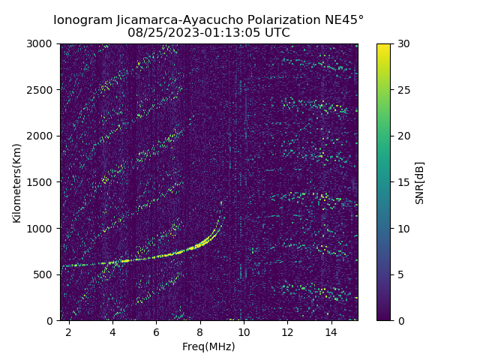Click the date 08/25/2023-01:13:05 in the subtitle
pyautogui.click(x=194, y=33)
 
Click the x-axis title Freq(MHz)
pyautogui.click(x=208, y=346)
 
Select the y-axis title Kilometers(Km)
pyautogui.click(x=16, y=182)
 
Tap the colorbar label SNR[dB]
pyautogui.click(x=420, y=182)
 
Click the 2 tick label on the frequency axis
pyautogui.click(x=69, y=331)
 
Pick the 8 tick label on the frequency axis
pyautogui.click(x=200, y=331)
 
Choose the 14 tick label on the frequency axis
pyautogui.click(x=331, y=331)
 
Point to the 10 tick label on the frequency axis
pyautogui.click(x=244, y=331)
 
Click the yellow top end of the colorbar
pyautogui.click(x=383, y=46)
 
